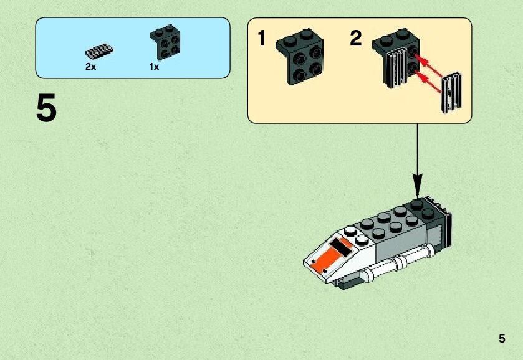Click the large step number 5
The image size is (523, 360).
click(x=47, y=109)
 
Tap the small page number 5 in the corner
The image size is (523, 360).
click(x=502, y=339)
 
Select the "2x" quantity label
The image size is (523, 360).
click(x=91, y=67)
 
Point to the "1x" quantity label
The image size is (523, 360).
click(x=154, y=67)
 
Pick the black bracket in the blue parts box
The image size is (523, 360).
click(x=165, y=43)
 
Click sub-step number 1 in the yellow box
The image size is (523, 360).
click(x=262, y=39)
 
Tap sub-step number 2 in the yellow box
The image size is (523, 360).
click(x=355, y=39)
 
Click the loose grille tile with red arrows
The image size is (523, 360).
click(x=451, y=92)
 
